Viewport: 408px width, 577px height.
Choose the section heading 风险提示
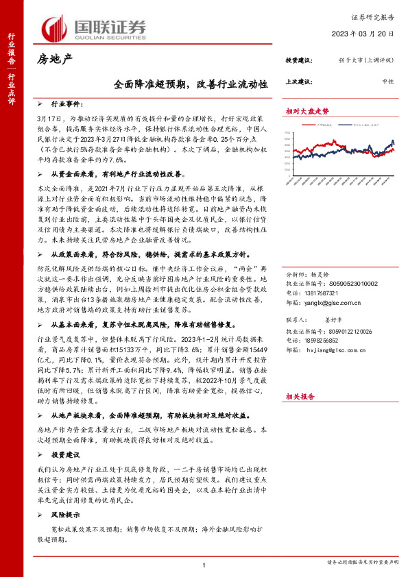(67, 495)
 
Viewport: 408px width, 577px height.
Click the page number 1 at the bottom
(204, 565)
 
